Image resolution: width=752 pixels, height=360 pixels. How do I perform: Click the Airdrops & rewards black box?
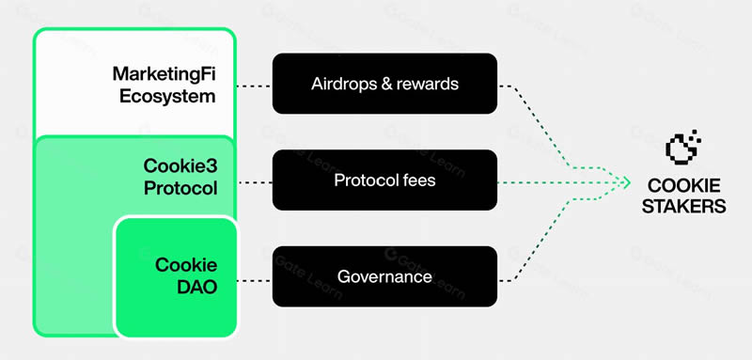tap(384, 84)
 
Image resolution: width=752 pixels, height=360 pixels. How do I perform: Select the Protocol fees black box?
tap(384, 180)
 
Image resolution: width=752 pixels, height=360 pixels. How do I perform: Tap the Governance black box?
tap(384, 276)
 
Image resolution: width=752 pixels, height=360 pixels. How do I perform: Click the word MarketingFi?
tap(164, 74)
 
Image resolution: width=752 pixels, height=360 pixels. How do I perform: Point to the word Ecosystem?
tap(167, 97)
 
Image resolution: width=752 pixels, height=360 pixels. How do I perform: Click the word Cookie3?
tap(180, 166)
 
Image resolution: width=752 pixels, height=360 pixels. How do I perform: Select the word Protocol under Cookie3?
tap(180, 188)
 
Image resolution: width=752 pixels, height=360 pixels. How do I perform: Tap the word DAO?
tap(197, 287)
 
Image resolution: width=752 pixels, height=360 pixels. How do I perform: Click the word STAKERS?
tap(684, 207)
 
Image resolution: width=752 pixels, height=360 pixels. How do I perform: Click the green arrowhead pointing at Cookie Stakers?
tap(625, 182)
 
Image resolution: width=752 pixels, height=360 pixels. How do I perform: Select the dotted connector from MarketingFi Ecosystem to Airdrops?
tap(254, 86)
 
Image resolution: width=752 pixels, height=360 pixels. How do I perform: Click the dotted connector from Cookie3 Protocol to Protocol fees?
tap(254, 182)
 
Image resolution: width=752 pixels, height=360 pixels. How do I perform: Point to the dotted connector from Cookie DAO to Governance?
tap(254, 281)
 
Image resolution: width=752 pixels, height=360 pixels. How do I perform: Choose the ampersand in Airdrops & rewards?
tap(384, 85)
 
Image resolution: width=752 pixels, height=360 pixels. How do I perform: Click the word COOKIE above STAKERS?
tap(684, 185)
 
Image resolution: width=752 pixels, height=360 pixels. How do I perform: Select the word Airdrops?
tap(343, 85)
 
